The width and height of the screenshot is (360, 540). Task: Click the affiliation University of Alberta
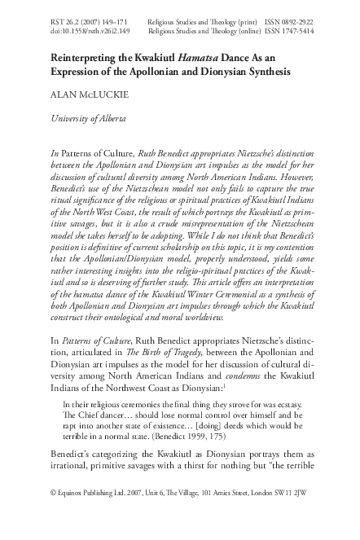click(x=88, y=119)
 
